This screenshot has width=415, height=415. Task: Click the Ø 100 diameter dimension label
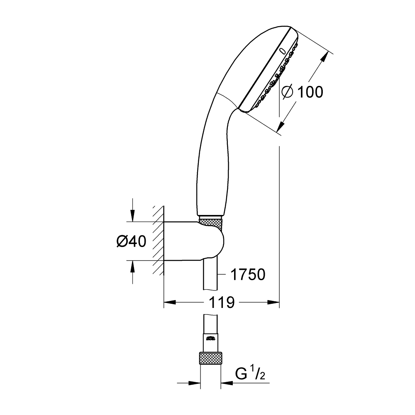pyautogui.click(x=302, y=92)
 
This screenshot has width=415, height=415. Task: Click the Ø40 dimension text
pyautogui.click(x=132, y=242)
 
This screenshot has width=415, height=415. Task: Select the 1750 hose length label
pyautogui.click(x=248, y=274)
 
